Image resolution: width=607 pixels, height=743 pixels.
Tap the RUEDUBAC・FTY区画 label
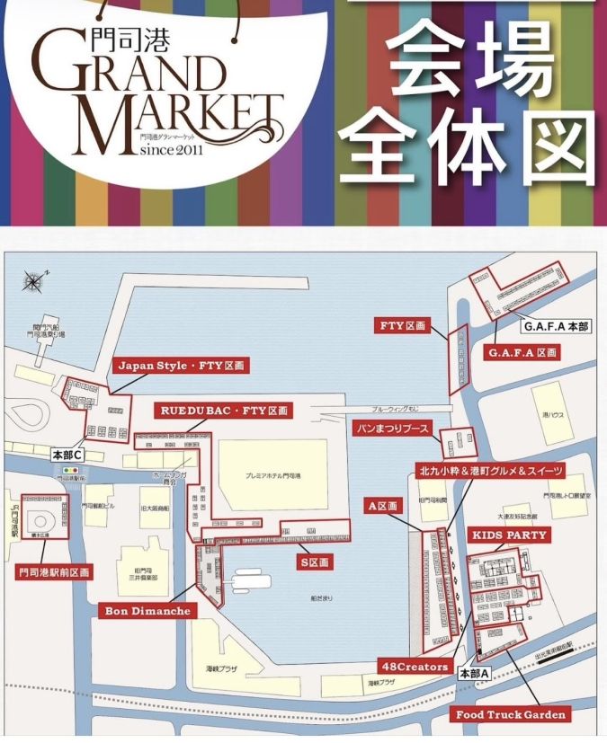click(224, 411)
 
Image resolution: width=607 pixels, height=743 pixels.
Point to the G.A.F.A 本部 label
click(556, 327)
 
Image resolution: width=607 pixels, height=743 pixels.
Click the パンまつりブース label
click(391, 428)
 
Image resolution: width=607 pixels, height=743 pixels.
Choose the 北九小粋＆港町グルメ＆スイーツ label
click(491, 471)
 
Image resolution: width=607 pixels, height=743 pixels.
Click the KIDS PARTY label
click(509, 535)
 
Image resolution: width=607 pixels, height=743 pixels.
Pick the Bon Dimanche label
click(147, 611)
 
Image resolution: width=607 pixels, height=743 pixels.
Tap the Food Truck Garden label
click(510, 714)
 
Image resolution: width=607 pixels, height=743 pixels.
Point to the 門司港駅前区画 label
click(54, 571)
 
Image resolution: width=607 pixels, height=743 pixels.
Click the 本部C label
click(67, 456)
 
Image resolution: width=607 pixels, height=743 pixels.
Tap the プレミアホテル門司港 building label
click(273, 474)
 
